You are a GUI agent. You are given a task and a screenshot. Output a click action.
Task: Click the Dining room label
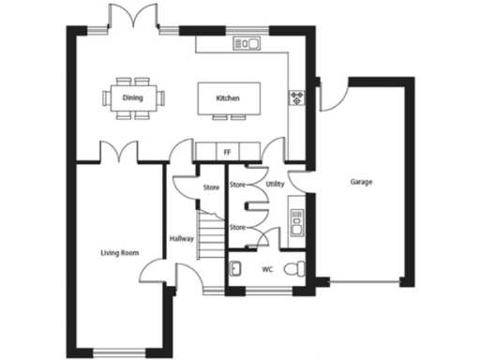pos(133,96)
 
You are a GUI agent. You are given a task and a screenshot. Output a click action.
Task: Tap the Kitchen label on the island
pos(228,97)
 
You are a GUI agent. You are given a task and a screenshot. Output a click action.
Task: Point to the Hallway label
pos(181,239)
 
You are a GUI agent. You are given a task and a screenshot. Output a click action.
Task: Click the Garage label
pos(361,182)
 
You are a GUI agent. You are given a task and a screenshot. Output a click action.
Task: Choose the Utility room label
pos(275,185)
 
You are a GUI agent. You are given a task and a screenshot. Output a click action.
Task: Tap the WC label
pos(266,269)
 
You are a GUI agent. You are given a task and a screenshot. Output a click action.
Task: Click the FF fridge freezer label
pos(226,151)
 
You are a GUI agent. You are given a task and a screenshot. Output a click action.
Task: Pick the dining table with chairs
pos(133,97)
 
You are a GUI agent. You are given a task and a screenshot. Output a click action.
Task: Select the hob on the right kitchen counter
pos(298,97)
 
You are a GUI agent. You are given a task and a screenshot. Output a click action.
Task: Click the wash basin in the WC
pos(236,269)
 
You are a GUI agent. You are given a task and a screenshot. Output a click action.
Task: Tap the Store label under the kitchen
pos(211,188)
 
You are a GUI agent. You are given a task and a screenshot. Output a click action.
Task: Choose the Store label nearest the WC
pos(237,228)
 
